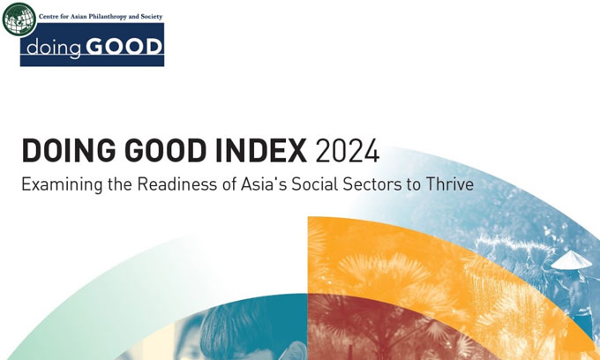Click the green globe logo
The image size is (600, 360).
[x=19, y=19]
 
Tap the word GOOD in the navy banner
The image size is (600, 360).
[x=124, y=47]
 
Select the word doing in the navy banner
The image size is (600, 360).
[x=54, y=48]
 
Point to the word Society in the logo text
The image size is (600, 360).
[x=152, y=17]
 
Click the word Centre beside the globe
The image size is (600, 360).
[x=48, y=17]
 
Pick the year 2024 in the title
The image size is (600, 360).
[x=348, y=151]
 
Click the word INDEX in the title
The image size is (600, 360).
[x=261, y=151]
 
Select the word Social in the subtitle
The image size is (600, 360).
[x=315, y=184]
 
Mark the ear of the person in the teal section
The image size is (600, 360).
[x=296, y=351]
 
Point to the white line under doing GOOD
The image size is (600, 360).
[x=93, y=55]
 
